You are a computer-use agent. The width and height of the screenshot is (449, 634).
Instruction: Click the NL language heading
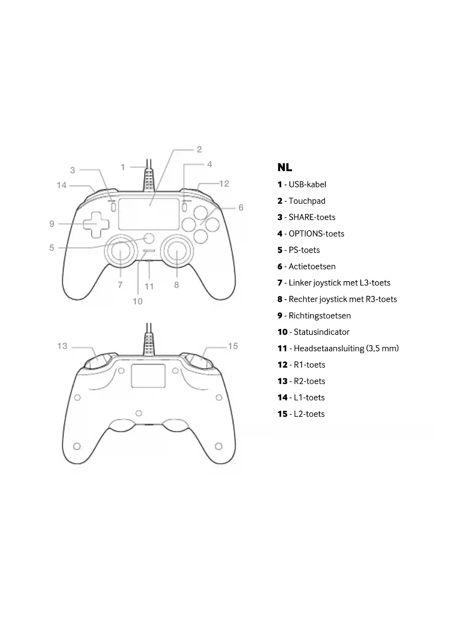285,167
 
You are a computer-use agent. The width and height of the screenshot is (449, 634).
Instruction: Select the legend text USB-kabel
307,184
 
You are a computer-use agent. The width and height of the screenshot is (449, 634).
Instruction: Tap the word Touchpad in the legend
307,201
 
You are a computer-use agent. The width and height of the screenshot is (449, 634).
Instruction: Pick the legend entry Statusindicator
321,332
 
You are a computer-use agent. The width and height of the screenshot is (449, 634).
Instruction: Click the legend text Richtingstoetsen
319,316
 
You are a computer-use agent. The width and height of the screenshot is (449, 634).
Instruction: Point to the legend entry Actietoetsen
312,266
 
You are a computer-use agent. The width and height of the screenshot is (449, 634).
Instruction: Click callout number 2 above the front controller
199,149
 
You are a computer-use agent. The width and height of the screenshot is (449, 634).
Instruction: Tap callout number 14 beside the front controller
62,185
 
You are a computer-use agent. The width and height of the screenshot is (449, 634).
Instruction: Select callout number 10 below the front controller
137,301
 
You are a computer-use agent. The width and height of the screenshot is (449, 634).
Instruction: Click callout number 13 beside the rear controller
62,346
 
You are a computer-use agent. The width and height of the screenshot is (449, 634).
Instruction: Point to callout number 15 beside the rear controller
233,346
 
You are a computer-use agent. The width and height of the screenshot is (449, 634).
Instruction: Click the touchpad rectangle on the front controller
149,214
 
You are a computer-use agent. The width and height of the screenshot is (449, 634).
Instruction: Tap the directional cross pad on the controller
96,224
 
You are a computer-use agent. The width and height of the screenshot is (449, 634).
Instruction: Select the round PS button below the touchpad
149,238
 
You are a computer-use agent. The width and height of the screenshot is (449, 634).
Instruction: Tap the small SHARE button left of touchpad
113,207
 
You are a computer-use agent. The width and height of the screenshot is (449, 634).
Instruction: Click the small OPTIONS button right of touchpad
185,207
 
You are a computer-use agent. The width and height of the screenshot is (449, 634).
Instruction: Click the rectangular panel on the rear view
148,376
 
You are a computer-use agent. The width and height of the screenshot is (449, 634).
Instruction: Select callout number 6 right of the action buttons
241,207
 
